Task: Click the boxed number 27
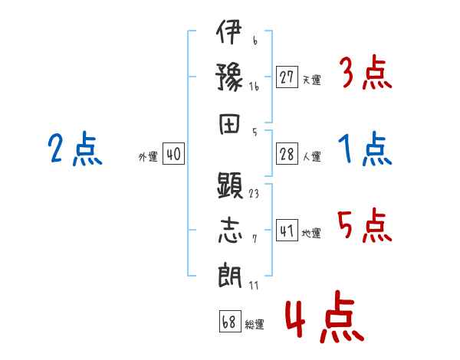click(287, 77)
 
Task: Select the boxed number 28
click(287, 154)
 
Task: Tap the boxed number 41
click(287, 231)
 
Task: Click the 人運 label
click(311, 156)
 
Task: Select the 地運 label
click(311, 233)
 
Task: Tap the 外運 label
click(148, 156)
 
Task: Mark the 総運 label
click(254, 324)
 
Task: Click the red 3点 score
click(365, 74)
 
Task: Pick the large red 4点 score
click(323, 319)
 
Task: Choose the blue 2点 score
click(75, 149)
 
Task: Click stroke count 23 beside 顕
click(254, 194)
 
